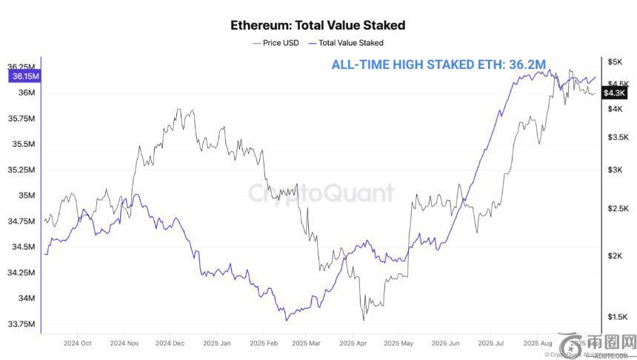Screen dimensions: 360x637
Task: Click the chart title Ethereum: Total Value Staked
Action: click(x=318, y=25)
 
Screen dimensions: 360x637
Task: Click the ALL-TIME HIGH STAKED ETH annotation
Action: click(x=438, y=65)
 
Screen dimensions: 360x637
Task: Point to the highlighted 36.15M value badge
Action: click(x=25, y=76)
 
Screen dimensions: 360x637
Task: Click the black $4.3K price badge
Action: click(x=616, y=93)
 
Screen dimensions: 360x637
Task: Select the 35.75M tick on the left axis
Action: click(x=23, y=119)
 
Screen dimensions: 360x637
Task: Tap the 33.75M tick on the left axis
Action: click(x=23, y=324)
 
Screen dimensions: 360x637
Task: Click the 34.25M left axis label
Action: click(x=23, y=273)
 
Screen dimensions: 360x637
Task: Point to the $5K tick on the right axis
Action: click(x=614, y=61)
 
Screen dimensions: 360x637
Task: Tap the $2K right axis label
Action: click(x=615, y=256)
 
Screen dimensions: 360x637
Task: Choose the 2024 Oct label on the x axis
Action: click(x=78, y=344)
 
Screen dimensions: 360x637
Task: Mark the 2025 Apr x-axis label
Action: click(x=353, y=344)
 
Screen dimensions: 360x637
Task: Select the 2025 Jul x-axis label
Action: click(x=491, y=344)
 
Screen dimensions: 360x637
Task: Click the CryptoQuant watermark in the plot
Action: click(x=320, y=194)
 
